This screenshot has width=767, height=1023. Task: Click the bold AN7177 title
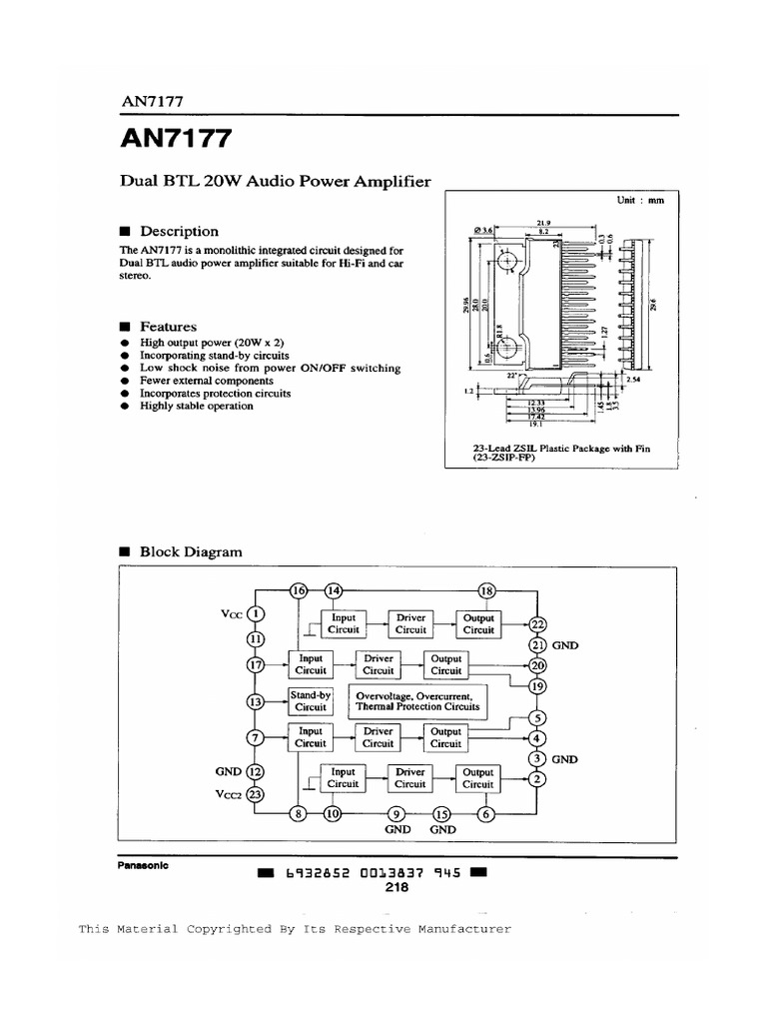[x=177, y=139]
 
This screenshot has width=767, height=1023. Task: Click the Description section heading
[x=179, y=231]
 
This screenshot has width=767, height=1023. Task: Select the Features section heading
[x=168, y=327]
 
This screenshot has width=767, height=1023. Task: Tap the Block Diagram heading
[x=190, y=551]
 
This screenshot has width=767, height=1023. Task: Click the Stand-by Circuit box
[x=311, y=700]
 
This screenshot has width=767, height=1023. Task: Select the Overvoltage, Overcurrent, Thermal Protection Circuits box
[x=417, y=700]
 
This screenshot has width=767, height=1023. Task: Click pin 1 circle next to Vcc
[x=256, y=614]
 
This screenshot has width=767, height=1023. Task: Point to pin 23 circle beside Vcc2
[x=256, y=795]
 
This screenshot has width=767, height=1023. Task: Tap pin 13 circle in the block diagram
[x=256, y=703]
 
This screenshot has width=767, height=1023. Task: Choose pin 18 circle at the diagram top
[x=487, y=590]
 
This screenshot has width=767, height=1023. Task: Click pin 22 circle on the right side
[x=538, y=625]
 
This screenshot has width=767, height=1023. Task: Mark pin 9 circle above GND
[x=397, y=813]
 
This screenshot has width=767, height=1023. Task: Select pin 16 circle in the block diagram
[x=299, y=590]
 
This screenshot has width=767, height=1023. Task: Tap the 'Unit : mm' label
[x=640, y=200]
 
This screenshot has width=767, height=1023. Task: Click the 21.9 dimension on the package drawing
[x=544, y=223]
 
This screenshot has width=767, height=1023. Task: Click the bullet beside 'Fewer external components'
[x=124, y=381]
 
